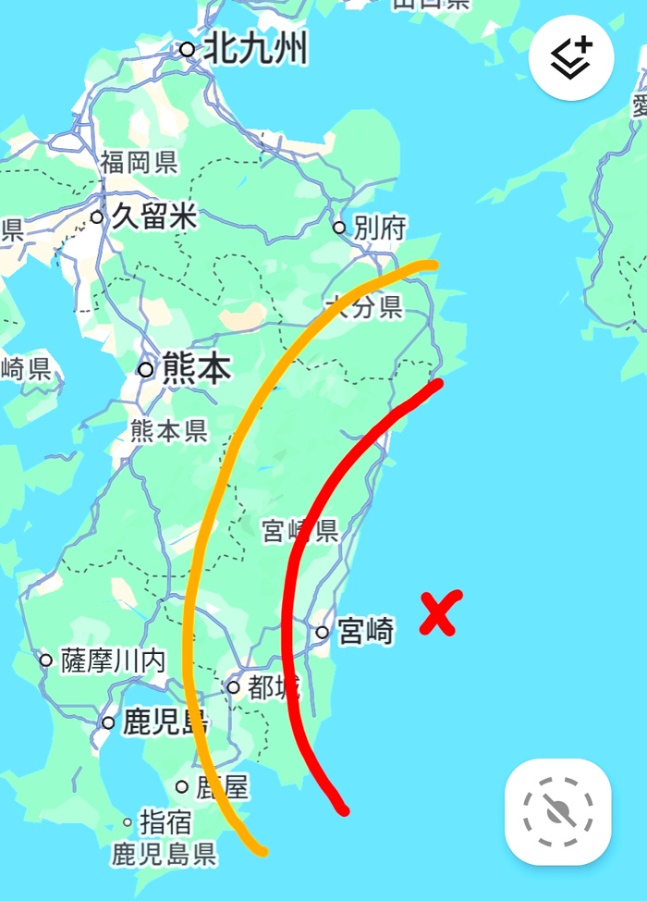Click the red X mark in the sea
[x=440, y=614]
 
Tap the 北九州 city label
[x=255, y=48]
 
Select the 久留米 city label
[x=154, y=217]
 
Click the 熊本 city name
[x=196, y=369]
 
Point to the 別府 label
[x=379, y=228]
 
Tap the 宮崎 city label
[x=366, y=632]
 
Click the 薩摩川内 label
[x=113, y=660]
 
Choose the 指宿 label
[x=165, y=821]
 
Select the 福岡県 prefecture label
[x=139, y=165]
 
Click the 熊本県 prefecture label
[x=169, y=430]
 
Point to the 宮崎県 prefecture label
[x=299, y=531]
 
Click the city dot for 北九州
[x=188, y=48]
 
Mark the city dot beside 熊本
[x=145, y=370]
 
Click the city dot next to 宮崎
[x=322, y=633]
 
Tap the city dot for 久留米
[x=97, y=217]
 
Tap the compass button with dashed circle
[x=557, y=812]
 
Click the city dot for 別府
[x=339, y=228]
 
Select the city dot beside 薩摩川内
[x=46, y=660]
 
